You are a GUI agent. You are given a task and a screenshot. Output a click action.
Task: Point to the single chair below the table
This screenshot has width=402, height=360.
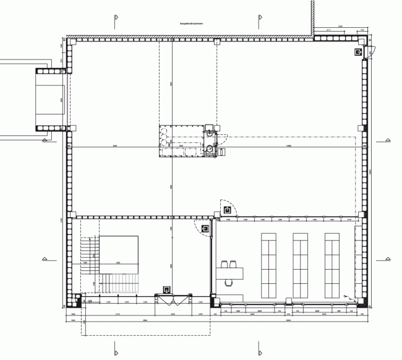[230, 284]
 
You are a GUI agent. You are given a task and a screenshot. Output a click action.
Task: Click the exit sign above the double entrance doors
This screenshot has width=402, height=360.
[166, 289]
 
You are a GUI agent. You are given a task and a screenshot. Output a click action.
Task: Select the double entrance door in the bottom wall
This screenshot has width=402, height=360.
[176, 300]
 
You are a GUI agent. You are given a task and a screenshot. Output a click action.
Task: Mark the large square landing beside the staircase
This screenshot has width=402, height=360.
[119, 253]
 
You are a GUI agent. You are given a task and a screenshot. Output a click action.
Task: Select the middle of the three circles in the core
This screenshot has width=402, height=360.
[163, 140]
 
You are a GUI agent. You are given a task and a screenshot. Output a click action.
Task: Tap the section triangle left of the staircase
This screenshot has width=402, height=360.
[44, 257]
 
